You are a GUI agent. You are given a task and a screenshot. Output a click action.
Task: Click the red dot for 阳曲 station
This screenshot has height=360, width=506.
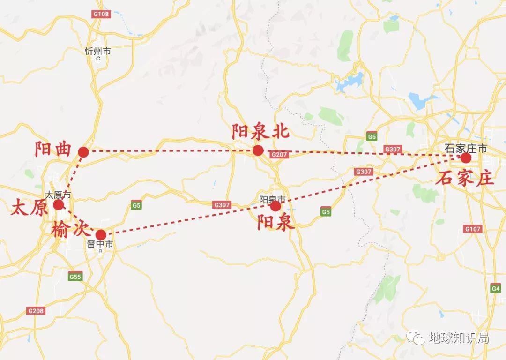point(83,152)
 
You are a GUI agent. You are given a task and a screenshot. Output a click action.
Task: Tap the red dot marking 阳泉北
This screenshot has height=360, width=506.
point(258,150)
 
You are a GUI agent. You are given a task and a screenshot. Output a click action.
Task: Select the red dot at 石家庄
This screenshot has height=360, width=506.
point(465,158)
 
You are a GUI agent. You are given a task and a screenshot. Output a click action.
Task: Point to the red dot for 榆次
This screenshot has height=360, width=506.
point(101,234)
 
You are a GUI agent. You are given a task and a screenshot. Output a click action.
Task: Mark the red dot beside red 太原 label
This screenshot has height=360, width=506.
point(58,205)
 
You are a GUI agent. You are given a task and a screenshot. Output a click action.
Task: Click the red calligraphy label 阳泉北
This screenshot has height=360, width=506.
point(260,132)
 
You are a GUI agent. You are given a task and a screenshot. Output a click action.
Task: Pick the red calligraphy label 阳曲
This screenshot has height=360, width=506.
point(52,150)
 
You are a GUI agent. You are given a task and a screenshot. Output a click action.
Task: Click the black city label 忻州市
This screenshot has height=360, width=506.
point(98,52)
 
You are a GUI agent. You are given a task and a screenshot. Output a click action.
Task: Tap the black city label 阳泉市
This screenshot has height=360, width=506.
point(272,199)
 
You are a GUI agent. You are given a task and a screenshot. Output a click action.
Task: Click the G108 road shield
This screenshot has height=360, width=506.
point(101,14)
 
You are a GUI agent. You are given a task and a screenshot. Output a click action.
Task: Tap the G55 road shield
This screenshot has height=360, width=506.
point(75,277)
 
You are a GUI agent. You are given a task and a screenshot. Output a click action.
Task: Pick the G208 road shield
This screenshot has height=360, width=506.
point(36,311)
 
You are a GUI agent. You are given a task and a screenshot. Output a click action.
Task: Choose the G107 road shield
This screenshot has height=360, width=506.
point(472,229)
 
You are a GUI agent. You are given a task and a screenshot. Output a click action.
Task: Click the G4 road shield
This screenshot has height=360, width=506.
point(496,289)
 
